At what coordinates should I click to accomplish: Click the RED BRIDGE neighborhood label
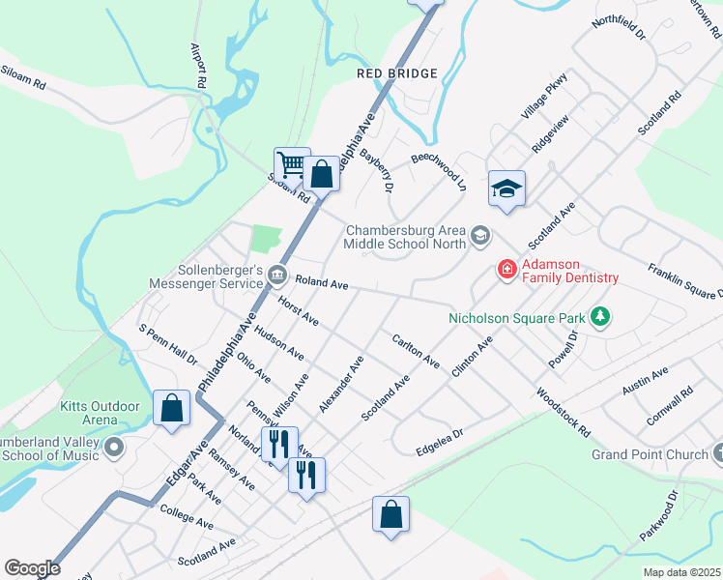397,73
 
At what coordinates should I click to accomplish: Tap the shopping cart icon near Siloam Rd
291,164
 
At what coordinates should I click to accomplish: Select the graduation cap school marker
506,188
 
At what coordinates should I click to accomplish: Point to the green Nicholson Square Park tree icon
600,316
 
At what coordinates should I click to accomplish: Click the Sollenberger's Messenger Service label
206,276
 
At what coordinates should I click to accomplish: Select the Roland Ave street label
321,283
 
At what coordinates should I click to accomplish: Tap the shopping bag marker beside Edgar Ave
171,407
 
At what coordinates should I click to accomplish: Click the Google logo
32,567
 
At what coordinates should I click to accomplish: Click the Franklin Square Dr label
684,281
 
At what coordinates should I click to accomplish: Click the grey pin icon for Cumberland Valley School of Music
115,448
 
